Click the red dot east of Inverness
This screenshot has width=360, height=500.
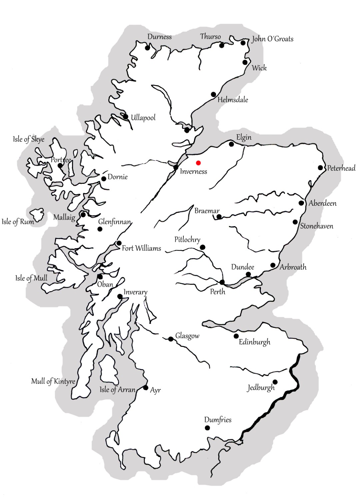(x=198, y=163)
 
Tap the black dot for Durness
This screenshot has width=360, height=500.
(x=147, y=48)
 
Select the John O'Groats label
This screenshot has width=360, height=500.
(x=272, y=39)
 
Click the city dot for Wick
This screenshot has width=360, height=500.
(x=245, y=62)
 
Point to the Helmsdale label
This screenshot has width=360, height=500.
(x=233, y=99)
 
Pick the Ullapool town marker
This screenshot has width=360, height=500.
(x=126, y=117)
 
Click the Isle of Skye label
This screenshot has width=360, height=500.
(x=29, y=139)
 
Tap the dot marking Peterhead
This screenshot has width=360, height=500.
(x=320, y=168)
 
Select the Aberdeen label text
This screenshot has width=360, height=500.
(x=322, y=203)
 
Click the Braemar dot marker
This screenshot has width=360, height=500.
(x=219, y=217)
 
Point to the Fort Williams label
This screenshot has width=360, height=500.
(x=141, y=248)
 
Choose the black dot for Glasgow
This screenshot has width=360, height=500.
(x=171, y=339)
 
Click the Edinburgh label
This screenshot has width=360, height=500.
(x=254, y=342)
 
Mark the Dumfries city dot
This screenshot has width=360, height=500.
(x=207, y=428)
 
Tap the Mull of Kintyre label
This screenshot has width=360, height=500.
(x=53, y=381)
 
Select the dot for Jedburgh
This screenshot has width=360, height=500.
(x=275, y=382)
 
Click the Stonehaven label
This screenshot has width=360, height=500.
(x=316, y=226)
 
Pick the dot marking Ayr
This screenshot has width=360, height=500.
(x=146, y=388)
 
